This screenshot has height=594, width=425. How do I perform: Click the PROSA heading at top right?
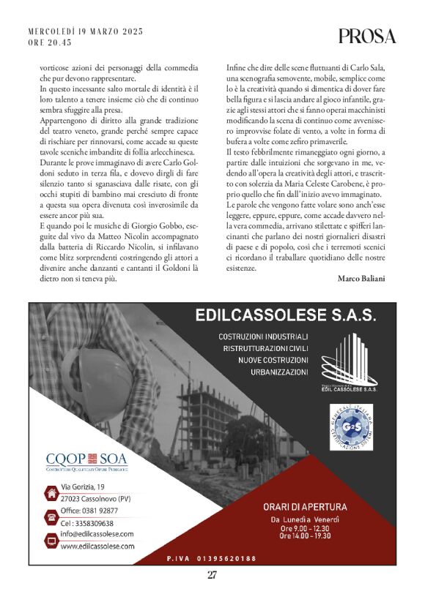click(x=367, y=36)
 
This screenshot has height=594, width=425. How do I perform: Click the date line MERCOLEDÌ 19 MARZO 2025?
click(x=85, y=32)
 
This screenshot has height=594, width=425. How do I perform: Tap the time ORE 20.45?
click(x=50, y=43)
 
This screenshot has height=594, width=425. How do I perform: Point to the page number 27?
click(x=212, y=574)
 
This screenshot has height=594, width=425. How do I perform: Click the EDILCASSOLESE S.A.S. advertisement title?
click(x=286, y=316)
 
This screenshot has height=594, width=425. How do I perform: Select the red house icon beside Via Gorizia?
click(x=51, y=494)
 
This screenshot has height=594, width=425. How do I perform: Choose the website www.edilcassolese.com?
click(x=97, y=546)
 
